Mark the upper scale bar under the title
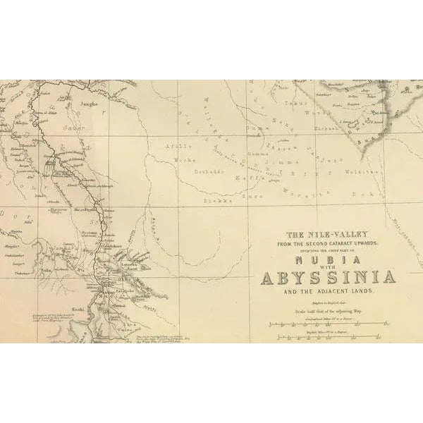tap(329, 323)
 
